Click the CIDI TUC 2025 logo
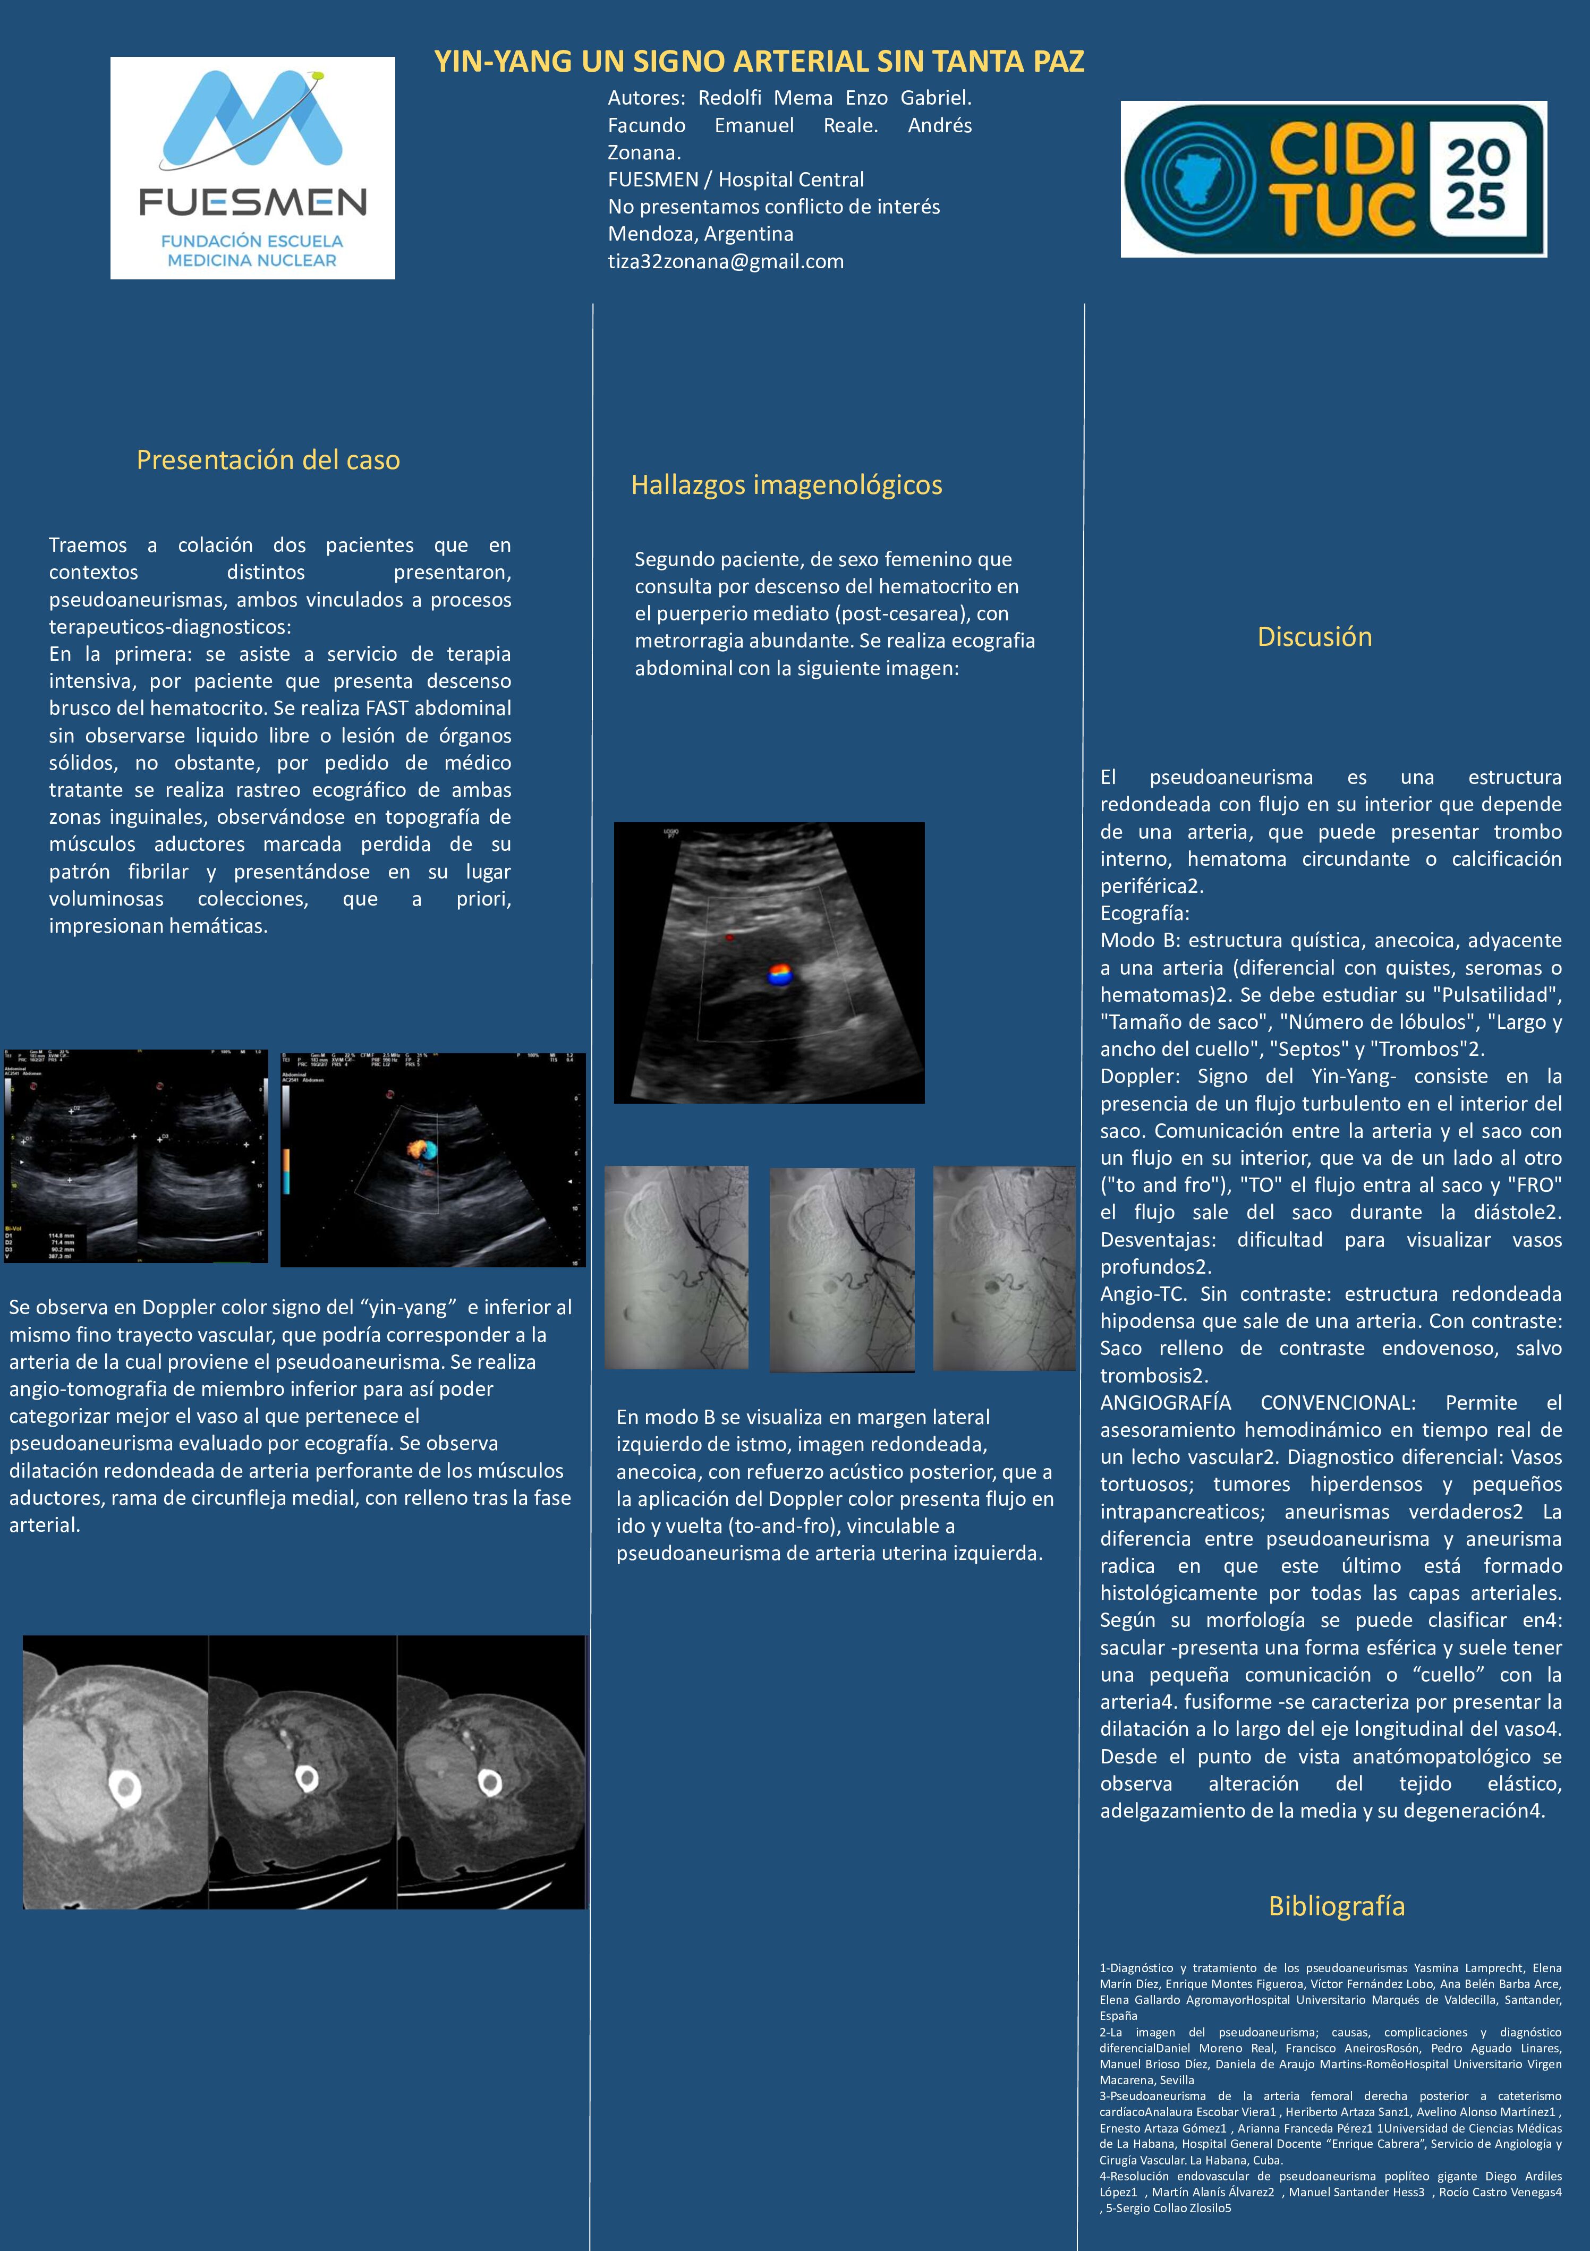(1333, 180)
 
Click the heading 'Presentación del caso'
(268, 460)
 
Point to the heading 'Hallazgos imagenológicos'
(786, 484)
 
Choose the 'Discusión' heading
(1314, 636)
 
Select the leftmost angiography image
(676, 1267)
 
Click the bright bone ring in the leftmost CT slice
(124, 1789)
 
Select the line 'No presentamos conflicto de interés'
(773, 207)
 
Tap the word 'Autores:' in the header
(646, 98)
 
